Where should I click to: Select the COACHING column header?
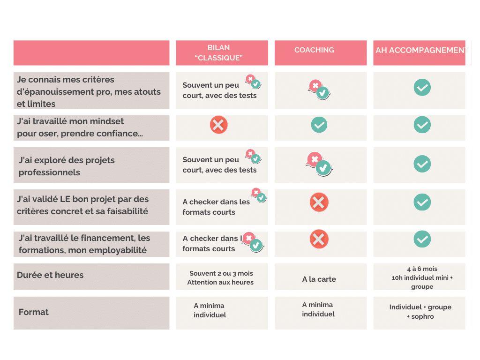(x=314, y=50)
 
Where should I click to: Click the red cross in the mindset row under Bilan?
(x=218, y=125)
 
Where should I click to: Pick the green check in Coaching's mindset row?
(x=319, y=125)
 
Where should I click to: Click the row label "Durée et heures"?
(x=50, y=275)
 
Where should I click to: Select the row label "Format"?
(x=34, y=312)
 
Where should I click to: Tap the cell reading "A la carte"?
(x=319, y=279)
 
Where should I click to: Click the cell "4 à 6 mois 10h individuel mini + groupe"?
(x=422, y=278)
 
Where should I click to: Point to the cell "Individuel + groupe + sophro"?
(x=420, y=312)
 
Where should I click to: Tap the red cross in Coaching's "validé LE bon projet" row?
(x=319, y=202)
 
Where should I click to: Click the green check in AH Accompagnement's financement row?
(x=422, y=239)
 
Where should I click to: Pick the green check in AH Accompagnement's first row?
(x=422, y=87)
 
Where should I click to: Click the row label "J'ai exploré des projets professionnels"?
(x=67, y=166)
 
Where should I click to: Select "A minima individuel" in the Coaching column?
(x=318, y=309)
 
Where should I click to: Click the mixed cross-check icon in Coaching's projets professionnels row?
(x=319, y=164)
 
